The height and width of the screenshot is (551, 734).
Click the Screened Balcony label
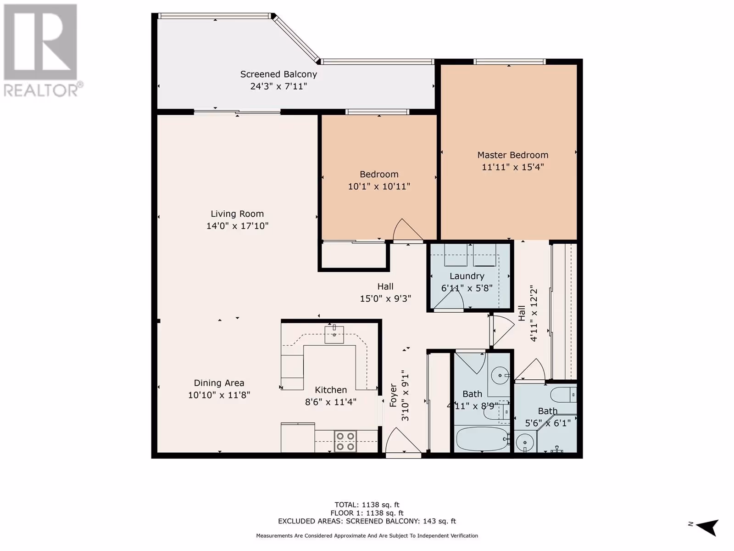[x=278, y=74]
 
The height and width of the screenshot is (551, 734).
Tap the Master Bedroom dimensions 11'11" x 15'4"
[x=512, y=167]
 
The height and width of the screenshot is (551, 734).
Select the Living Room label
[x=237, y=214]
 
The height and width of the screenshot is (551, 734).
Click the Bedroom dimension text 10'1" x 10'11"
[x=379, y=186]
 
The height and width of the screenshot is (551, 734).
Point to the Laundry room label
[x=467, y=276]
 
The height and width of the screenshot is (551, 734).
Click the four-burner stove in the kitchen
[x=345, y=441]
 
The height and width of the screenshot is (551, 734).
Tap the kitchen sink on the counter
[x=334, y=334]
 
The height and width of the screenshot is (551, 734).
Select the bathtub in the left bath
[x=483, y=439]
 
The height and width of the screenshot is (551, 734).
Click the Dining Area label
[x=219, y=383]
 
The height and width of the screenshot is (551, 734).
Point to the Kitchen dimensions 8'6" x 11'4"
[x=330, y=402]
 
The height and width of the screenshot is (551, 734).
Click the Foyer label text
[x=393, y=395]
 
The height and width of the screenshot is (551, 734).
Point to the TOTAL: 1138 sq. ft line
[x=367, y=505]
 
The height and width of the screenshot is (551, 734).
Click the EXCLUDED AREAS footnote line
[x=367, y=521]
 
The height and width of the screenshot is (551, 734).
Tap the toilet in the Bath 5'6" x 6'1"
[x=564, y=395]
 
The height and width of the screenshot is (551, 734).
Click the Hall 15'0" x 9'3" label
[x=385, y=292]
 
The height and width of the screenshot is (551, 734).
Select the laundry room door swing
[x=449, y=300]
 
